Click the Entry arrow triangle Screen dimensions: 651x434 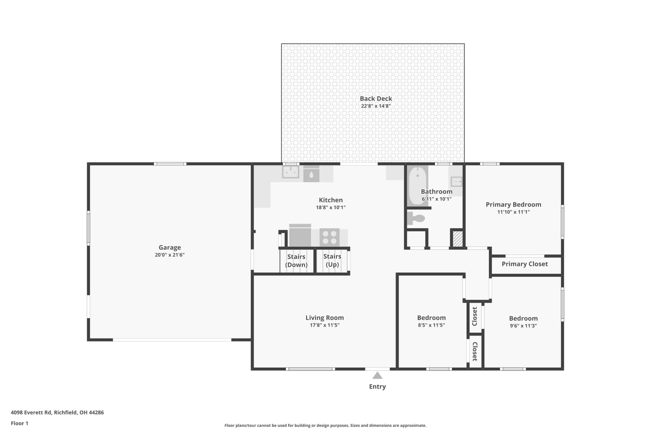[377, 376]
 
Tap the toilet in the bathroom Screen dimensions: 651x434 [416, 218]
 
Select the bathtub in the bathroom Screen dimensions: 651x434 [417, 185]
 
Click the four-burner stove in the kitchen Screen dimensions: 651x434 [329, 237]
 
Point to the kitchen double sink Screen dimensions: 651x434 [291, 172]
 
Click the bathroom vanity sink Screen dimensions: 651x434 [456, 182]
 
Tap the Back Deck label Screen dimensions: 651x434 [376, 99]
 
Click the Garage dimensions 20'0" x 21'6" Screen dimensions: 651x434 [170, 255]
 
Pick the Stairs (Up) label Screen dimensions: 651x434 [332, 260]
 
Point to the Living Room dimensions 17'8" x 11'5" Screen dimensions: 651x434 [325, 325]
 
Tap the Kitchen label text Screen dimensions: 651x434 [331, 200]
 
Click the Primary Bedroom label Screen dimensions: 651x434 [513, 205]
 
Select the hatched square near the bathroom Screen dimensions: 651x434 [457, 238]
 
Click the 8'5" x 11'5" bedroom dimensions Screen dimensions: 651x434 [432, 325]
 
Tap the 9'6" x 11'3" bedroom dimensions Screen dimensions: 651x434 [523, 325]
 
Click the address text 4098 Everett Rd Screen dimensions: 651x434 [31, 412]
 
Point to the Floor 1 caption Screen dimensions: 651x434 [19, 423]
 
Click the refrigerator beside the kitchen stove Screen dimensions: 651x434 [300, 235]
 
